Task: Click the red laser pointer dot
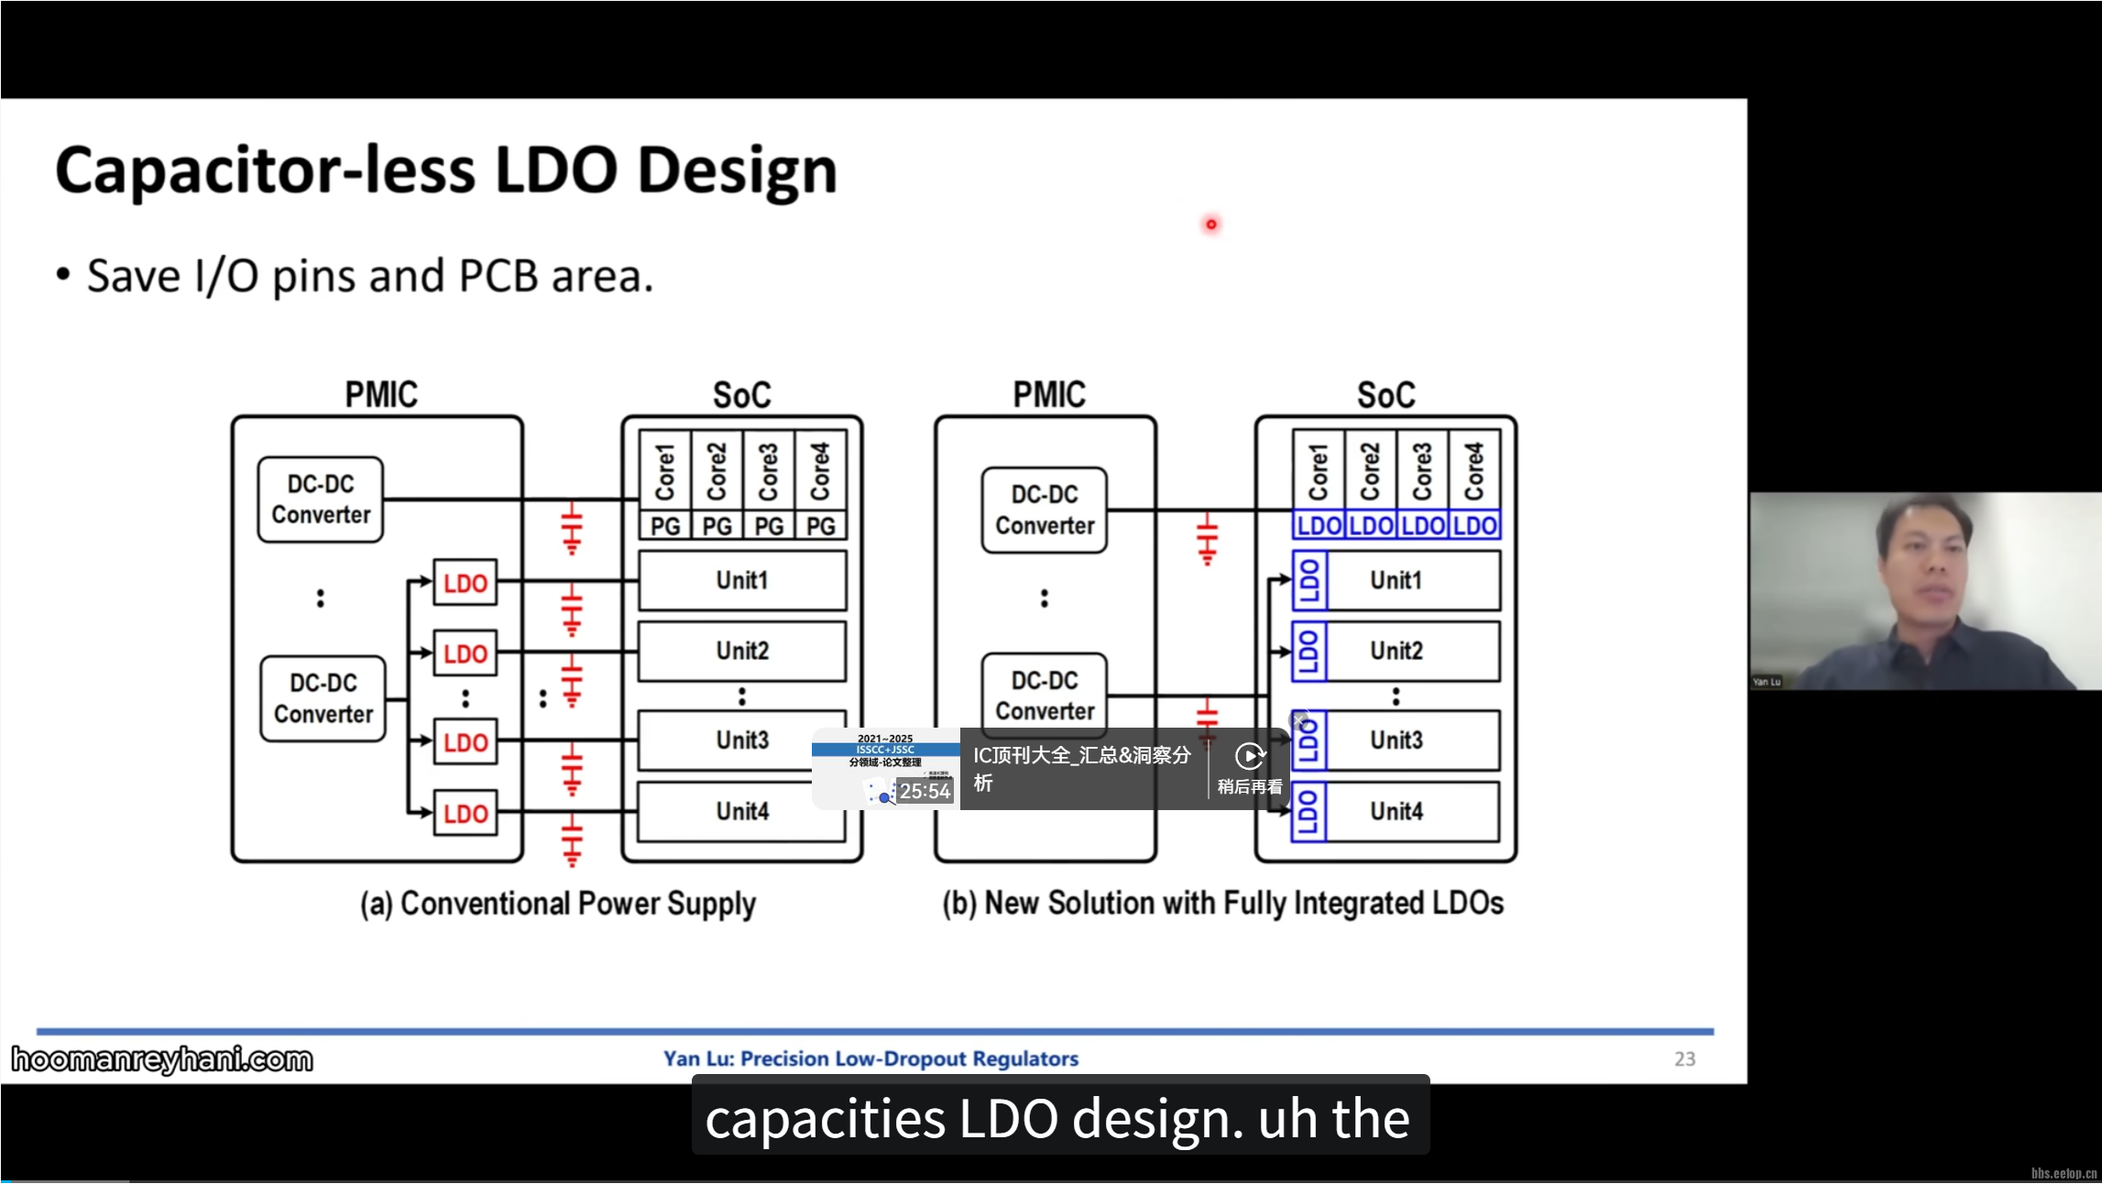(1211, 225)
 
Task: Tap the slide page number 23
(1684, 1058)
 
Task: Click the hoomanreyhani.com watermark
(162, 1059)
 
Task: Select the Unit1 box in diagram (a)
(742, 580)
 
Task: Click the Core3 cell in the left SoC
(769, 471)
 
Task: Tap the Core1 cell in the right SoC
(1318, 471)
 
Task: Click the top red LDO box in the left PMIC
(465, 583)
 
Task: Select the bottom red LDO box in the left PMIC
(465, 813)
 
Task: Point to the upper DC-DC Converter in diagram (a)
(321, 499)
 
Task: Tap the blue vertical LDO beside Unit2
(1308, 651)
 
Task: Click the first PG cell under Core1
(665, 526)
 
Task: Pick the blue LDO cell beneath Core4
(1475, 526)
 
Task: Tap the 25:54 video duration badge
(925, 791)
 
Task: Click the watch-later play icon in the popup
(1250, 757)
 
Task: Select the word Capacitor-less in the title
(266, 171)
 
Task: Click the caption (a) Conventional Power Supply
(558, 904)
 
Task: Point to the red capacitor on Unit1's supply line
(572, 608)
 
